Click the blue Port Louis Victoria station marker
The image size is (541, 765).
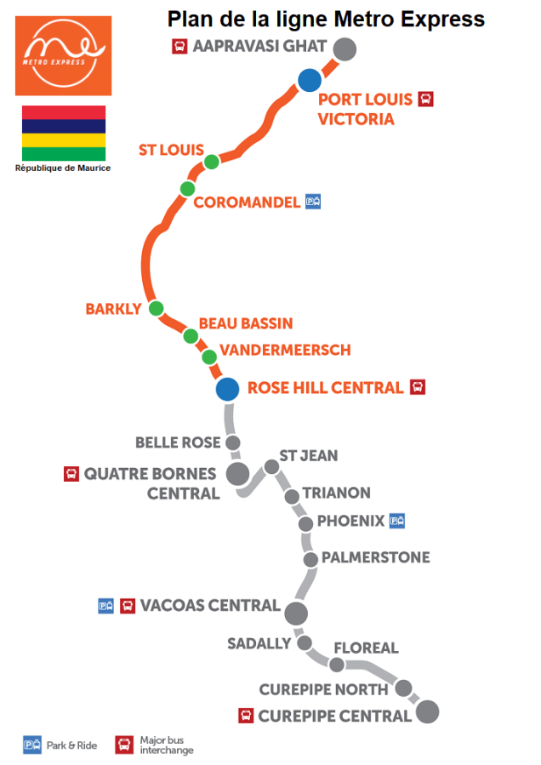click(x=309, y=81)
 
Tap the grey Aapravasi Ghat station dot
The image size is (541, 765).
click(x=344, y=49)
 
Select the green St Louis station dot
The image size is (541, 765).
click(x=212, y=162)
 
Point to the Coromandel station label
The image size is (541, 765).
click(x=247, y=202)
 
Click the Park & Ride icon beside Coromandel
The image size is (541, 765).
click(x=313, y=202)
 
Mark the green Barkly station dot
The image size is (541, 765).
click(x=156, y=308)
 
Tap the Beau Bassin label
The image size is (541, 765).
click(x=245, y=323)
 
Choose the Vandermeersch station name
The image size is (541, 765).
click(x=285, y=350)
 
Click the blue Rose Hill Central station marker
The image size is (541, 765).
click(x=227, y=389)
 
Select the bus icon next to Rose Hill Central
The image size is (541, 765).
click(x=418, y=387)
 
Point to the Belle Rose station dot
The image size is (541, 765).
click(x=232, y=442)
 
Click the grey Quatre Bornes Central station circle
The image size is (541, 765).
click(x=237, y=474)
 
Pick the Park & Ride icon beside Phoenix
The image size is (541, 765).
click(x=396, y=521)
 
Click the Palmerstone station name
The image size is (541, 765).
click(x=376, y=557)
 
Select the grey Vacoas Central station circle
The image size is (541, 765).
click(x=296, y=612)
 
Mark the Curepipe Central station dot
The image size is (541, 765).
click(x=427, y=711)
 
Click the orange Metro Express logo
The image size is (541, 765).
click(x=63, y=55)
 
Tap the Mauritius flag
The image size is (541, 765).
click(x=63, y=133)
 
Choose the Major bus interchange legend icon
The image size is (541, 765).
click(x=124, y=745)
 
